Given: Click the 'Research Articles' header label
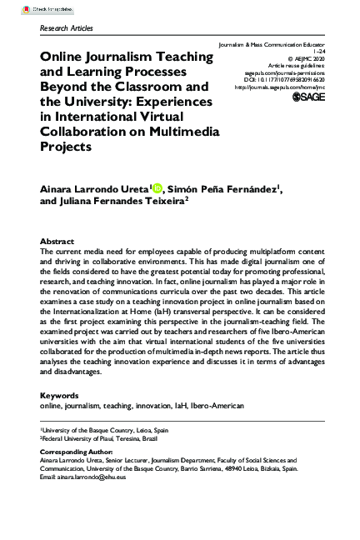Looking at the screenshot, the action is coord(67,27).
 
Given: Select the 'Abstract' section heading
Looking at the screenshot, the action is coord(57,241).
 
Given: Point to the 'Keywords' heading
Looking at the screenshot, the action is coord(59,396).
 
